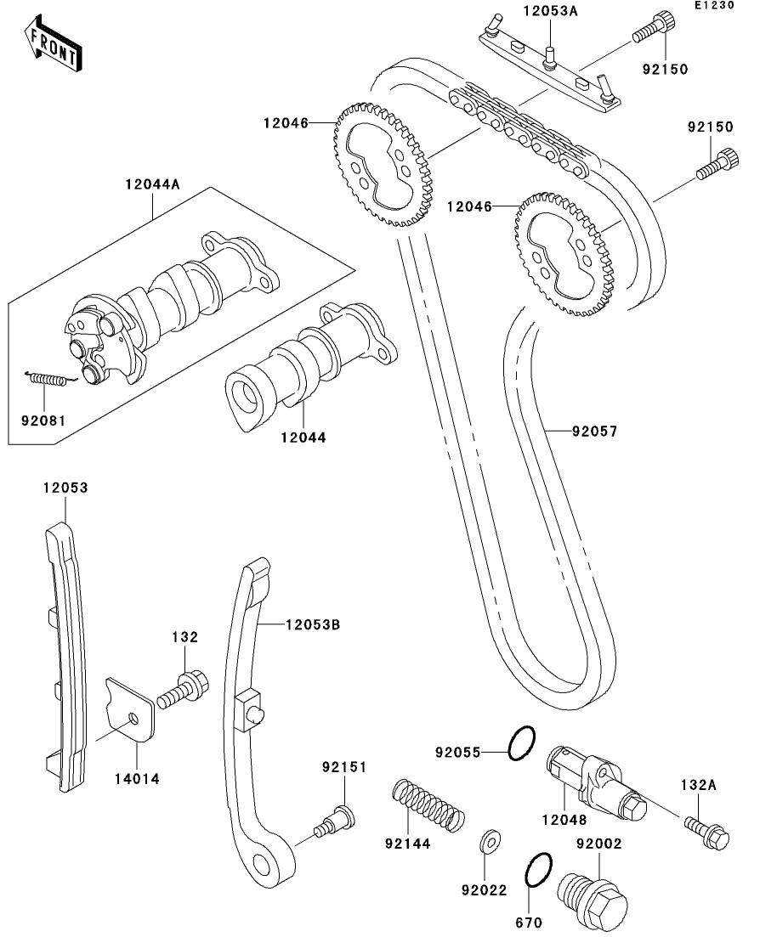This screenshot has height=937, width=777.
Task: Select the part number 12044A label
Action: pyautogui.click(x=152, y=183)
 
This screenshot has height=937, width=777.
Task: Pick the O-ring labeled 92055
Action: pyautogui.click(x=522, y=743)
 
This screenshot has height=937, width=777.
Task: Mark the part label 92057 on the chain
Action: pyautogui.click(x=594, y=432)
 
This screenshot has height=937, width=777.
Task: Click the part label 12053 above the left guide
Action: pyautogui.click(x=65, y=488)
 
